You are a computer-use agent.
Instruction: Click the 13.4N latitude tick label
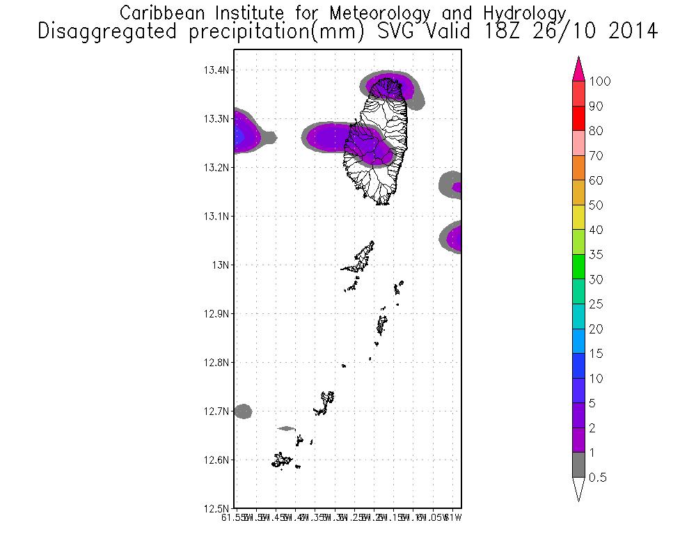pyautogui.click(x=217, y=70)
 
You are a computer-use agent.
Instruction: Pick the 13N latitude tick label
pyautogui.click(x=222, y=265)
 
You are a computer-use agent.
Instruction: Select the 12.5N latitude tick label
pyautogui.click(x=217, y=508)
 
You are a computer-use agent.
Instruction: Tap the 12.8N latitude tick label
pyautogui.click(x=217, y=362)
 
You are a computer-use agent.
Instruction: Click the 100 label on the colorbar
pyautogui.click(x=599, y=81)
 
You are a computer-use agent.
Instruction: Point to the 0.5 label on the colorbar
pyautogui.click(x=597, y=478)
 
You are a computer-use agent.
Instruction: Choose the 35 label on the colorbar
pyautogui.click(x=595, y=255)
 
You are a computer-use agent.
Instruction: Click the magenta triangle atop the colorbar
pyautogui.click(x=578, y=70)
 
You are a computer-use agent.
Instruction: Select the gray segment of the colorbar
pyautogui.click(x=578, y=465)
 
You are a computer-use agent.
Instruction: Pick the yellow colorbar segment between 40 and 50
pyautogui.click(x=578, y=217)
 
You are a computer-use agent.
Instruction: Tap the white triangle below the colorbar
pyautogui.click(x=578, y=489)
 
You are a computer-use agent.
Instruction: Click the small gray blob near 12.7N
pyautogui.click(x=242, y=411)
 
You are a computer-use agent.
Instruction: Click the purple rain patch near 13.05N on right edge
pyautogui.click(x=454, y=239)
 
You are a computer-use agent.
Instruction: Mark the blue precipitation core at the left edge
pyautogui.click(x=239, y=136)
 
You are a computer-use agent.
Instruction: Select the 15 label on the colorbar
pyautogui.click(x=595, y=354)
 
